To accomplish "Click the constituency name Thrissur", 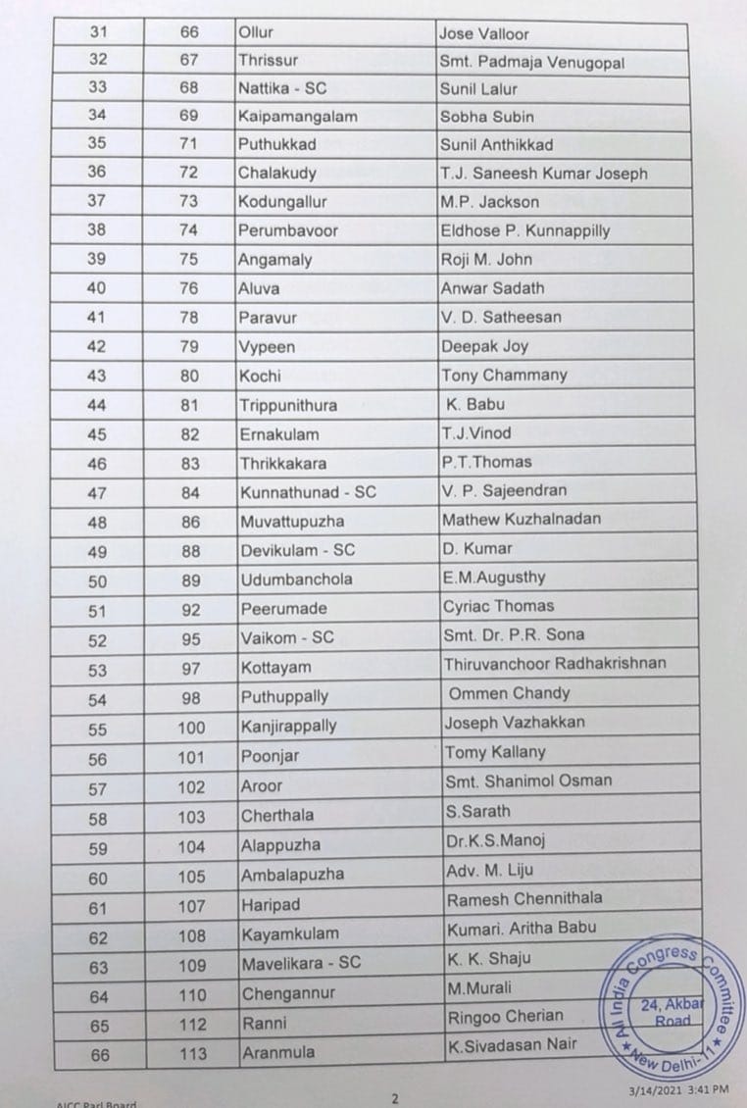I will click(268, 60).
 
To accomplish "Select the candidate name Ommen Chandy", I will click(509, 693).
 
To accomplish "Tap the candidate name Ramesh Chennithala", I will click(524, 898).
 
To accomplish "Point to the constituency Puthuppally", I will click(284, 697).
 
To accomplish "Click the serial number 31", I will click(98, 32).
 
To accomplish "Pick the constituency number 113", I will click(192, 1054).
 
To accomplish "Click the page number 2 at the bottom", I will click(394, 1098).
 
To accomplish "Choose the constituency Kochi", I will click(260, 376).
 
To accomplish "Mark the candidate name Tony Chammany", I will click(504, 376).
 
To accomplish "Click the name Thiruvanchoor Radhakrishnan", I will click(555, 664).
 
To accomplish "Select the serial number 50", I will click(98, 580).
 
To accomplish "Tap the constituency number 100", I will click(191, 727).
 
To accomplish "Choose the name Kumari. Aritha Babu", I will click(521, 928).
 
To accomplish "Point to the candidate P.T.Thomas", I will click(487, 462).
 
